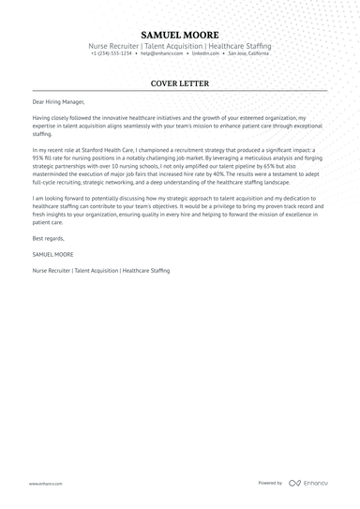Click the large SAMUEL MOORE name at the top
[x=180, y=35]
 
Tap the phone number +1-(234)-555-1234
[x=111, y=53]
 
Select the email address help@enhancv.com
[x=161, y=53]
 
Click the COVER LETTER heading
[x=180, y=83]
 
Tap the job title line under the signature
[x=100, y=270]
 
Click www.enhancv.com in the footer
[x=45, y=484]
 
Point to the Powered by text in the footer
[x=270, y=483]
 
